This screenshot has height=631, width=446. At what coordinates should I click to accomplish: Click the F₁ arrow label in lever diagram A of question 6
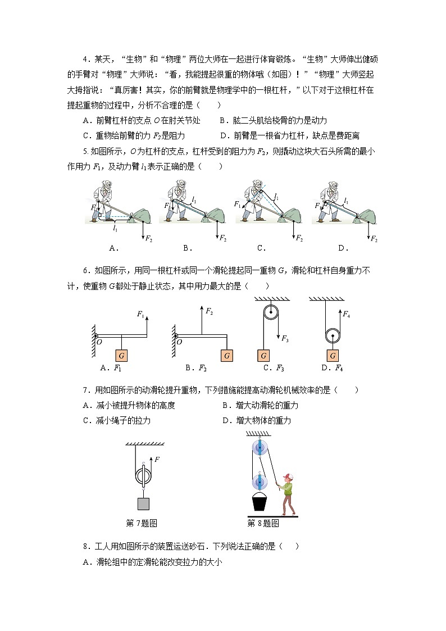click(140, 315)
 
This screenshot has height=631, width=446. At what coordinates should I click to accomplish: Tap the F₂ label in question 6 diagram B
click(208, 311)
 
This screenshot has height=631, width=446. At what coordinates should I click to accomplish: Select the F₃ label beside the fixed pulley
click(285, 339)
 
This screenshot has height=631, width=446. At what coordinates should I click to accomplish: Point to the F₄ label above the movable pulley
click(347, 315)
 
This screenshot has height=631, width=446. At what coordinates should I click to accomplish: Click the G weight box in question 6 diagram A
click(122, 356)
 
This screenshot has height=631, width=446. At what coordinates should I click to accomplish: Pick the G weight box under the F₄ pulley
click(333, 356)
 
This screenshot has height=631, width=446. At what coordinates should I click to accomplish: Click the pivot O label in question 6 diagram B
click(179, 342)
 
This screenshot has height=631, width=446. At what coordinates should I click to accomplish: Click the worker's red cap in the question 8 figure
click(289, 476)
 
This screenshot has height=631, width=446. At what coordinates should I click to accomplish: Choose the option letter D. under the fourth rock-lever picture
click(343, 248)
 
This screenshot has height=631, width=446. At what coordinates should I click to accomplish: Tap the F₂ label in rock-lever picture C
click(301, 238)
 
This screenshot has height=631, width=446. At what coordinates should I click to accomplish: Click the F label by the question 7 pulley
click(157, 460)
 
